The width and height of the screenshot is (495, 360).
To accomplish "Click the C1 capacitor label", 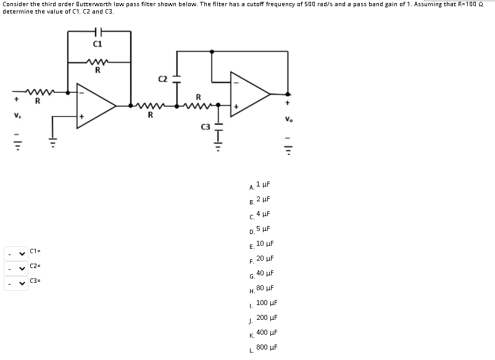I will point(98,44).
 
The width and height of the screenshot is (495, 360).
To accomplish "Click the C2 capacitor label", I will point(163,78).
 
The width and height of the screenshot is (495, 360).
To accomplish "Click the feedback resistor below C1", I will point(99,62).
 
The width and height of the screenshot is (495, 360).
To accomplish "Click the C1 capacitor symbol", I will point(99,31).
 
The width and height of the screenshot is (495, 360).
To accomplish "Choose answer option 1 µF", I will point(263,184).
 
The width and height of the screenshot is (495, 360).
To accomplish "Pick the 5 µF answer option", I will point(263,228).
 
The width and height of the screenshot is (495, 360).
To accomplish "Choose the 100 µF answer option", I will point(267,303).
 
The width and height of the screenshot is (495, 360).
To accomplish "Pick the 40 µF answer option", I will point(265,273).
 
